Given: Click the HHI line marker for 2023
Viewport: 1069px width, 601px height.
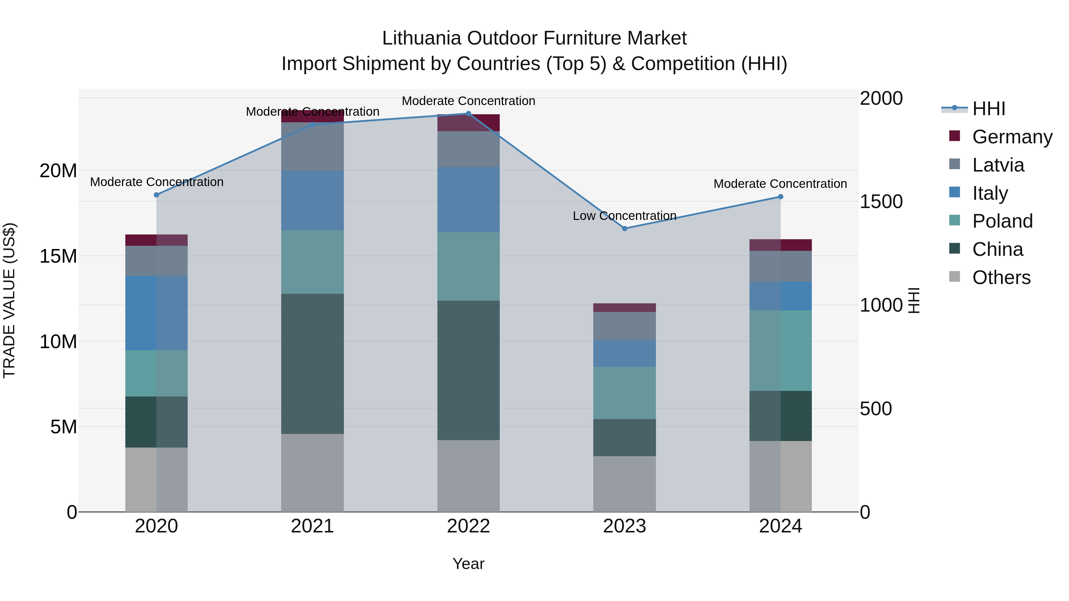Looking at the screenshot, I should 624,229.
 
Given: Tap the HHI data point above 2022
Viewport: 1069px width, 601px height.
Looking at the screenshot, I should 469,114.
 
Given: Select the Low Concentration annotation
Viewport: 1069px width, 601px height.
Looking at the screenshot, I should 624,216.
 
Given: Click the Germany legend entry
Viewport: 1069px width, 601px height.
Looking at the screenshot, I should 1012,137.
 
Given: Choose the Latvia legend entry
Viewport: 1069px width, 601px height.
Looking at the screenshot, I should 998,165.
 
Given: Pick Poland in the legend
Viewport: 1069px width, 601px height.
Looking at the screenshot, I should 1002,221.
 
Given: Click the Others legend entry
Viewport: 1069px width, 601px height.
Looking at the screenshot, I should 1001,277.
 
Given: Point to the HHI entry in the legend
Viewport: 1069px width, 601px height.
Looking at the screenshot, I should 989,109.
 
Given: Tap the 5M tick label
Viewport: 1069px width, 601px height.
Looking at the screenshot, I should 64,427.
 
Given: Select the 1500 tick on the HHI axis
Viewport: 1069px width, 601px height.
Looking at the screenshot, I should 881,202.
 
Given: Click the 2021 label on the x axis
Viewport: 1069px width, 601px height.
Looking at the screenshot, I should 312,526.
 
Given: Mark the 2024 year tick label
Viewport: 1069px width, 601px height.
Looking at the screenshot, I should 780,526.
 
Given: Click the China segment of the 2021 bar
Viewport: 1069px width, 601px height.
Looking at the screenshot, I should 312,364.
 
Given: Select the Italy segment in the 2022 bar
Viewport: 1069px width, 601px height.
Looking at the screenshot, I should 469,199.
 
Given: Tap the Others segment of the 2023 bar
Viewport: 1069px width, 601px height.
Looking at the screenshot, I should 624,484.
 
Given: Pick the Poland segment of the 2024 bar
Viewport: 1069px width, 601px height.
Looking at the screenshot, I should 780,351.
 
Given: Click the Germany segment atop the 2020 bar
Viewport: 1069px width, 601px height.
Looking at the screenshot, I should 156,240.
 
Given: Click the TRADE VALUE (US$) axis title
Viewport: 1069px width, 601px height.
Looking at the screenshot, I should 9,300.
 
